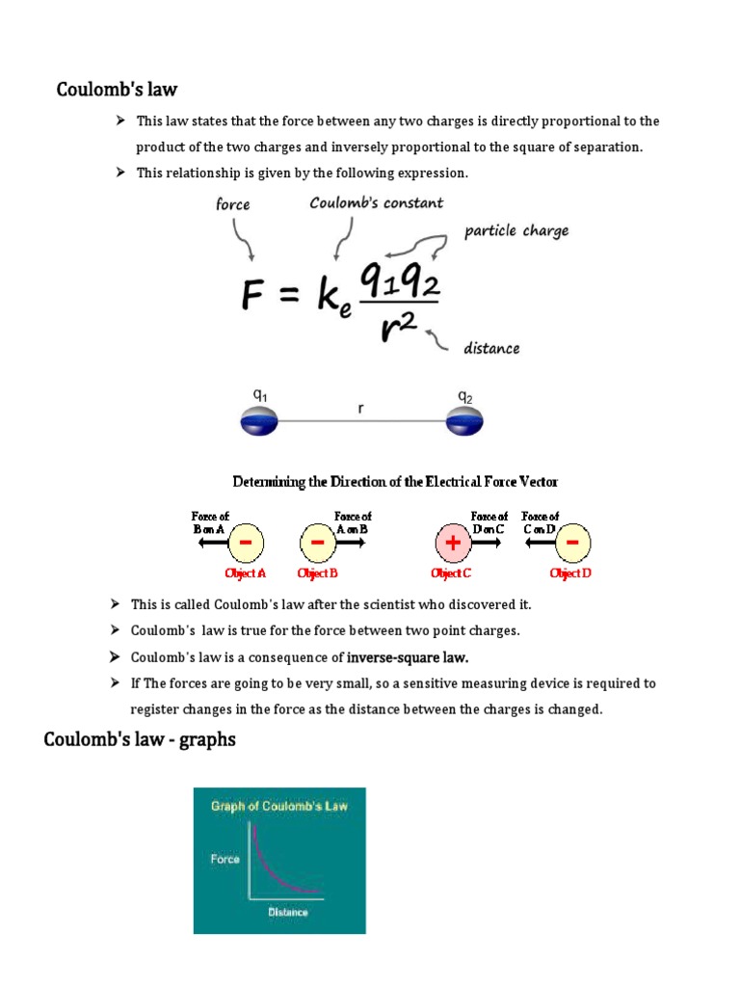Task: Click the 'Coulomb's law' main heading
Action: (117, 90)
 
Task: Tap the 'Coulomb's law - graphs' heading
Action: (140, 740)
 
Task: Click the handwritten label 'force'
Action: (232, 204)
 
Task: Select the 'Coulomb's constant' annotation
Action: (376, 202)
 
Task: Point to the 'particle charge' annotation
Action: (516, 230)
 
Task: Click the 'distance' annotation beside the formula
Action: (491, 348)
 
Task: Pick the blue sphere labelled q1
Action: (258, 420)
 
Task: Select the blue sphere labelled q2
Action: (464, 420)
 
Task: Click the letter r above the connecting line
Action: (360, 409)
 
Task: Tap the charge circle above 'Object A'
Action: (246, 544)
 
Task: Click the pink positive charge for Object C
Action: (452, 544)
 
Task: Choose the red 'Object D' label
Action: (570, 574)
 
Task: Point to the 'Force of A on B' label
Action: (353, 522)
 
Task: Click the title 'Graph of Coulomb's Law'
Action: (279, 806)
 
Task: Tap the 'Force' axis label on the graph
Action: (225, 858)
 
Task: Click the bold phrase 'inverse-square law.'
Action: (408, 657)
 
